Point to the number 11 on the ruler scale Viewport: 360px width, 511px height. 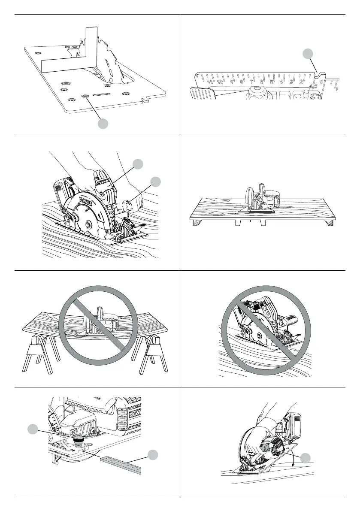(210, 81)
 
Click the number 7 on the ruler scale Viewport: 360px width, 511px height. (251, 81)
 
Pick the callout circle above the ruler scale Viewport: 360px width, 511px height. (307, 54)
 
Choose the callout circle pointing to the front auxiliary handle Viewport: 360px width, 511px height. (156, 181)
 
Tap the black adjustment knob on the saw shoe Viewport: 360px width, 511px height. (79, 442)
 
